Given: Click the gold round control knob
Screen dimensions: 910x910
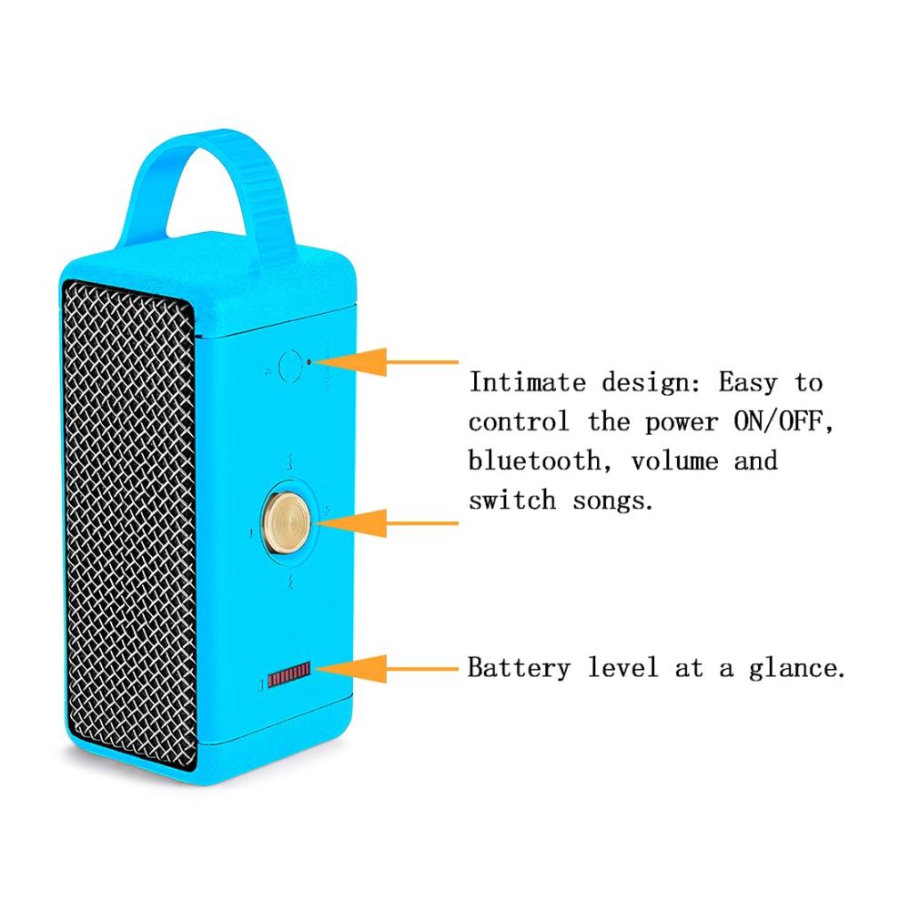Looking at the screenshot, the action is (286, 522).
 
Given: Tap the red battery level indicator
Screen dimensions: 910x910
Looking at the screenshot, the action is (289, 674).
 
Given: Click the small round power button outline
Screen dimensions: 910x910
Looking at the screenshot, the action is (290, 366).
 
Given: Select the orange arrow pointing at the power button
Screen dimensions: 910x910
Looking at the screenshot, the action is (385, 362).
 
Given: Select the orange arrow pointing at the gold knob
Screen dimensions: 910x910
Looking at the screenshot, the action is (385, 523).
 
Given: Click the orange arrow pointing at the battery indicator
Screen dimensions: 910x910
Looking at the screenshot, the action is (385, 669).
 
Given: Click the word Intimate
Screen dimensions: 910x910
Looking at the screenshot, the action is (527, 382).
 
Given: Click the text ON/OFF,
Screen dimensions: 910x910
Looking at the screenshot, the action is (784, 422).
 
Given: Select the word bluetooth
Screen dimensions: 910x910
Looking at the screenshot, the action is (534, 460).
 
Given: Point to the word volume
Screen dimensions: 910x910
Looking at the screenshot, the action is (674, 462).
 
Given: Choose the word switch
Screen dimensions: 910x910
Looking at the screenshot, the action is (512, 500).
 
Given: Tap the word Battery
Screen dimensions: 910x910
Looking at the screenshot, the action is (520, 669).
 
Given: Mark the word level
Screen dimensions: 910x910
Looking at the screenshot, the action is (622, 667).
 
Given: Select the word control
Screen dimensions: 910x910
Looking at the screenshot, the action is (519, 422).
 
